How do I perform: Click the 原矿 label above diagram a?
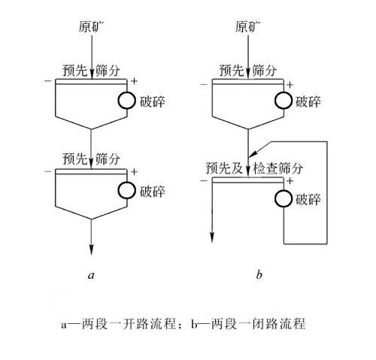pyautogui.click(x=91, y=27)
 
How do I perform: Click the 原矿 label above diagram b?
pyautogui.click(x=247, y=27)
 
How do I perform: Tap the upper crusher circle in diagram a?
pyautogui.click(x=127, y=101)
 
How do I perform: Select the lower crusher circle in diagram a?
pyautogui.click(x=127, y=190)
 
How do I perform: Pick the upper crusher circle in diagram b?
pyautogui.click(x=284, y=101)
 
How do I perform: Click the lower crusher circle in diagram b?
pyautogui.click(x=284, y=199)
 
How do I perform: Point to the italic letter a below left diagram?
pyautogui.click(x=91, y=275)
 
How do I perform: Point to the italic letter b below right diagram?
pyautogui.click(x=259, y=274)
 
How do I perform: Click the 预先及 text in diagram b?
pyautogui.click(x=224, y=168)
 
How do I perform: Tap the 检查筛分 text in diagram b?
pyautogui.click(x=278, y=168)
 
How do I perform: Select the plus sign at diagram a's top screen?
pyautogui.click(x=135, y=81)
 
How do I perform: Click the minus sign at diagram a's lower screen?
pyautogui.click(x=47, y=171)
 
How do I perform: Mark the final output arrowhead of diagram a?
pyautogui.click(x=91, y=250)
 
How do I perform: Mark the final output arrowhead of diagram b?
pyautogui.click(x=212, y=237)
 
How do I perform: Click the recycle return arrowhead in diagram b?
pyautogui.click(x=253, y=153)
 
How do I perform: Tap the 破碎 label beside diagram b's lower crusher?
pyautogui.click(x=308, y=200)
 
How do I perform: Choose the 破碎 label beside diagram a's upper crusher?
pyautogui.click(x=152, y=101)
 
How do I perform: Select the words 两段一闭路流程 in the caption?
pyautogui.click(x=258, y=324)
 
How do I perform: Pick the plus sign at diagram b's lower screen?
pyautogui.click(x=290, y=180)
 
